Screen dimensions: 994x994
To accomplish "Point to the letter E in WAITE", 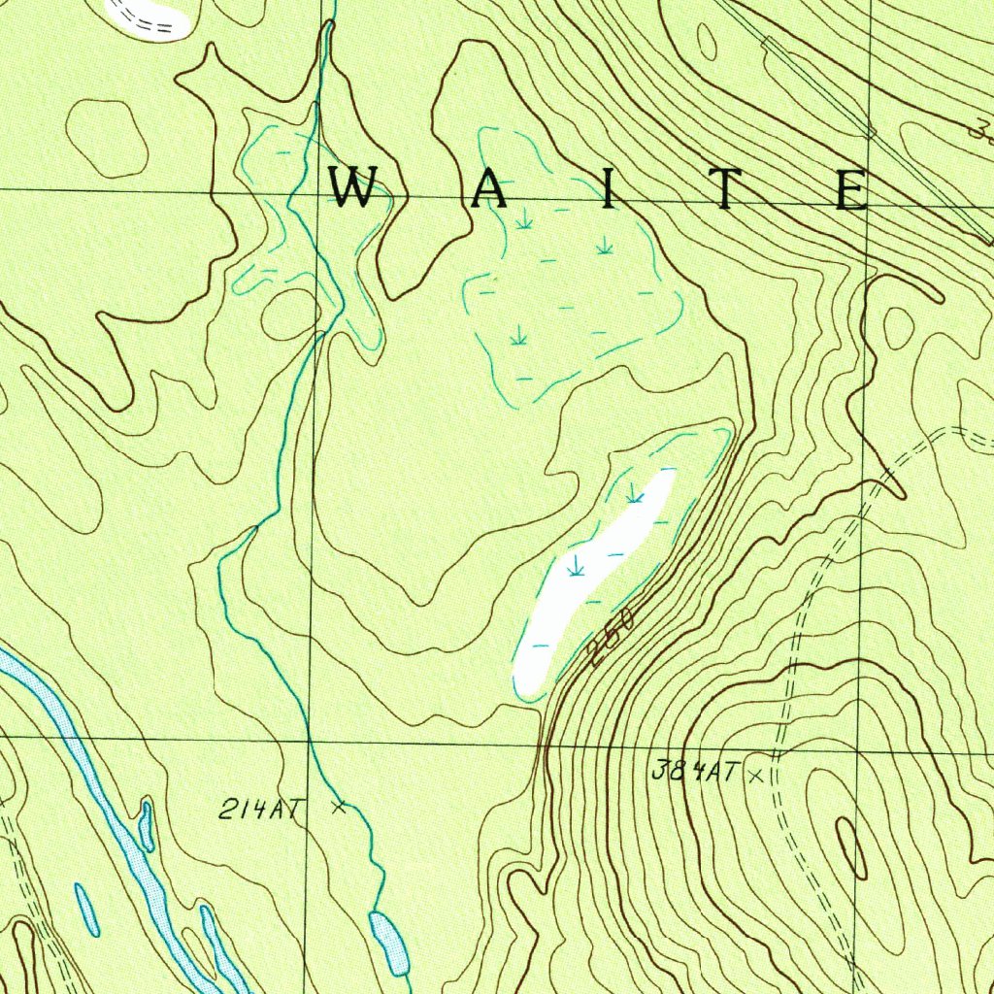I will tap(851, 189).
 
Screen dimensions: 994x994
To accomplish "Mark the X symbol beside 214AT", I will tap(338, 806).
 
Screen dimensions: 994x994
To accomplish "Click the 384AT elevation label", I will tap(694, 773).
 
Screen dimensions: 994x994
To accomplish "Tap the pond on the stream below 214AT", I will tap(388, 941).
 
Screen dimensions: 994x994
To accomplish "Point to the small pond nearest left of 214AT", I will tap(146, 825).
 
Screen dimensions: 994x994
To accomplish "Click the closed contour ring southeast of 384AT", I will tap(851, 848).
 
